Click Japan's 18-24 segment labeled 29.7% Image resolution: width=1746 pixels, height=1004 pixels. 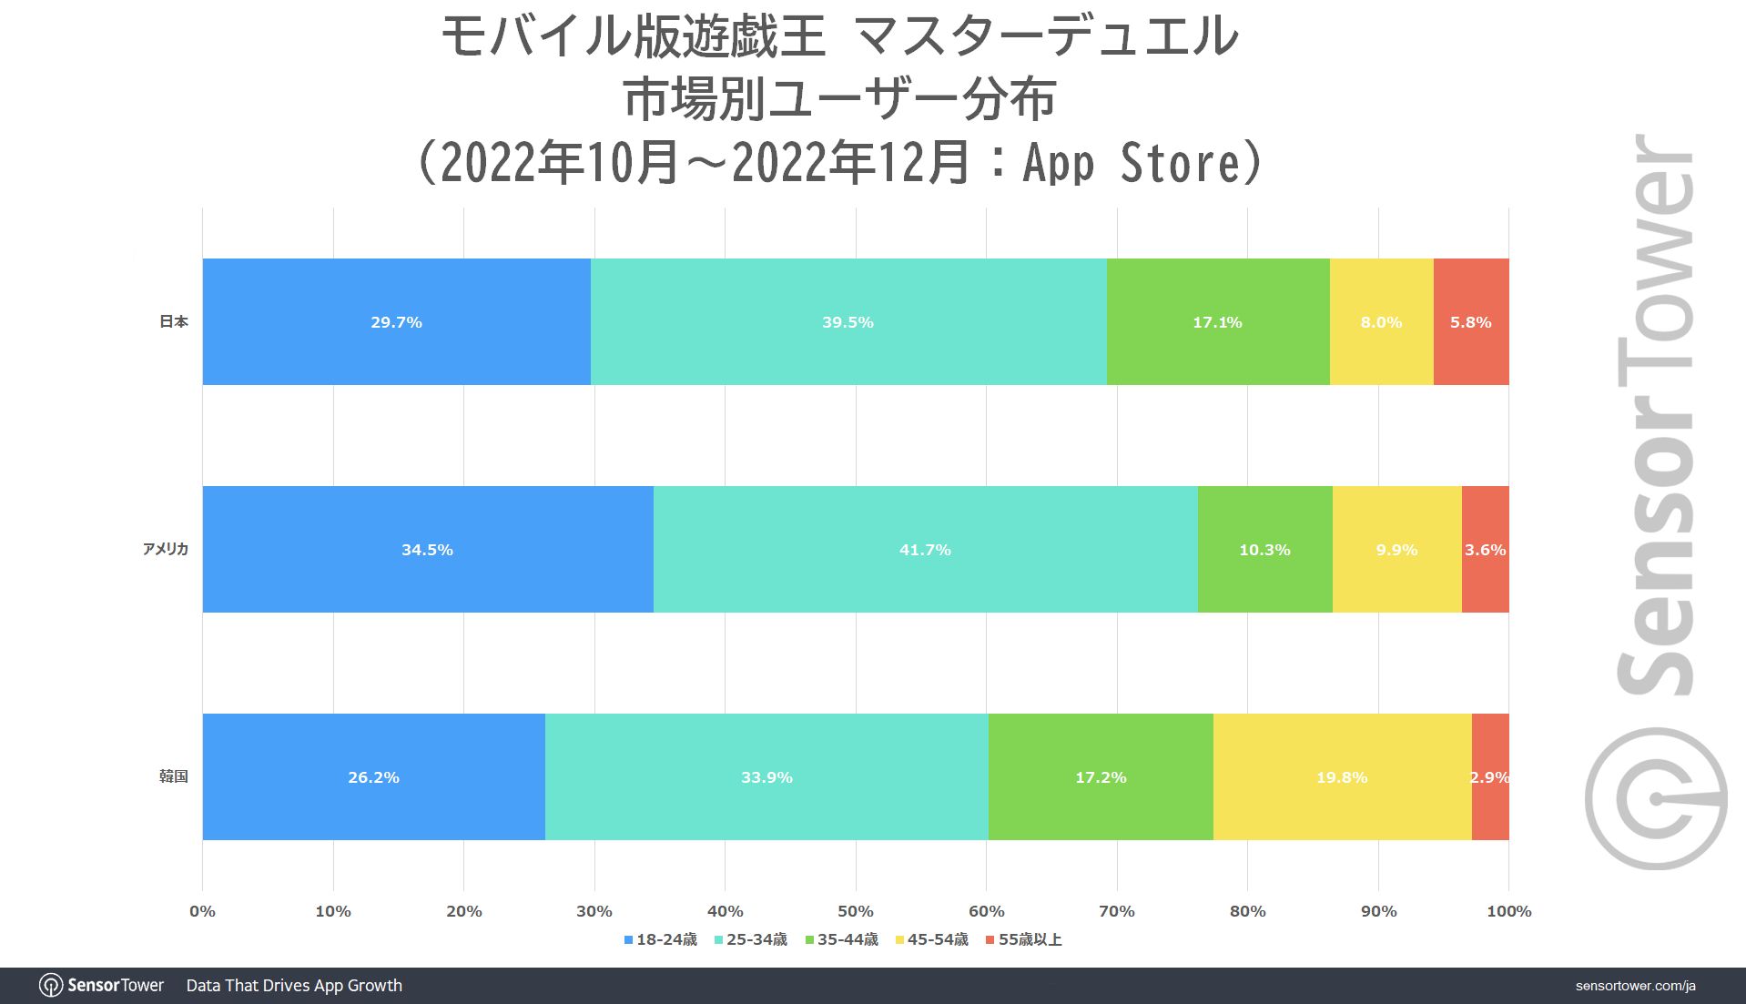pos(396,321)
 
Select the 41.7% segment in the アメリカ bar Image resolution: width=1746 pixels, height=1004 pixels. pos(925,549)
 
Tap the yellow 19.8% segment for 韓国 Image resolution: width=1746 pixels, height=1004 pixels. pos(1342,776)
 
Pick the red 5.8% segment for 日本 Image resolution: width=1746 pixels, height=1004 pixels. pos(1470,321)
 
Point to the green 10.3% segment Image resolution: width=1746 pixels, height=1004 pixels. pos(1264,549)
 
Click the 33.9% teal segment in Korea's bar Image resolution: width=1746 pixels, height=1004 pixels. pos(766,776)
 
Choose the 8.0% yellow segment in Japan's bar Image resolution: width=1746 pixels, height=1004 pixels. pos(1381,321)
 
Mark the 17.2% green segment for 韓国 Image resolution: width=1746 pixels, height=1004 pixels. pos(1101,776)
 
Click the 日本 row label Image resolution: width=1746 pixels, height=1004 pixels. pos(173,321)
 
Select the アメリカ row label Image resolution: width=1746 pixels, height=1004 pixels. pos(165,549)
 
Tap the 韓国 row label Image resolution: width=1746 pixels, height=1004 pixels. pos(173,776)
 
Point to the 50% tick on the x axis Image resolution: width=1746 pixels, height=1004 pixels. pos(855,911)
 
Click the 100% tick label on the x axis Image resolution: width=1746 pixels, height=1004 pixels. pos(1508,911)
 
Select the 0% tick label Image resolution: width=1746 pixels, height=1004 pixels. pos(202,911)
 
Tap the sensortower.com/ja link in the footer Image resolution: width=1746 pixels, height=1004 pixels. pos(1635,986)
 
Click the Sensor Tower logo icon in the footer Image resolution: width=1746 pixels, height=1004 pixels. pos(51,986)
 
